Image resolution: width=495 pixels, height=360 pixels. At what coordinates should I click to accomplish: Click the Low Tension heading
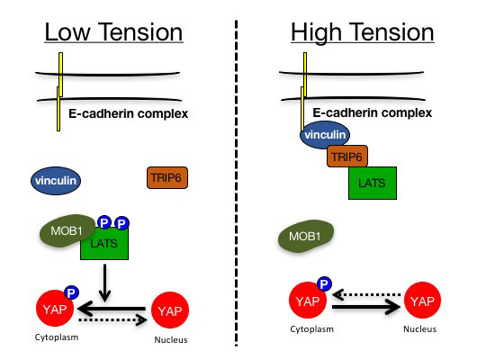(x=113, y=32)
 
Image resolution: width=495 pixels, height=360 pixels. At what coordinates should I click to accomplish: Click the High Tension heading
(x=363, y=33)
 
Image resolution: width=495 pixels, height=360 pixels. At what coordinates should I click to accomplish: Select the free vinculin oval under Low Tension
(x=56, y=181)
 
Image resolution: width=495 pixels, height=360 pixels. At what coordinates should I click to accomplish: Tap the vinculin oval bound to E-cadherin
(x=325, y=135)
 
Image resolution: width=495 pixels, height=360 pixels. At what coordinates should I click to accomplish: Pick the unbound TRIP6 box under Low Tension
(x=167, y=178)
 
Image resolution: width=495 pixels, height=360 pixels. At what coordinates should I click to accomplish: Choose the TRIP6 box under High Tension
(x=347, y=157)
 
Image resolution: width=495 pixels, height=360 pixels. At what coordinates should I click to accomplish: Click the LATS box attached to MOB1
(x=104, y=243)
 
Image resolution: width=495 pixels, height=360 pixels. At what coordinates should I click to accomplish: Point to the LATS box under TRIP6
(x=373, y=184)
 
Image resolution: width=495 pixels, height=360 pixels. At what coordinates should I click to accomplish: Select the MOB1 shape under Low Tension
(x=67, y=230)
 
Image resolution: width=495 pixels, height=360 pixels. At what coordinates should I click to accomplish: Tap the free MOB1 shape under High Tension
(x=306, y=236)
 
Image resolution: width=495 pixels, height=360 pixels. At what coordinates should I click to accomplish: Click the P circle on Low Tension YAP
(x=71, y=292)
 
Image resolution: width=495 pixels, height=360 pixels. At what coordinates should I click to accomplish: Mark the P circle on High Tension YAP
(x=324, y=283)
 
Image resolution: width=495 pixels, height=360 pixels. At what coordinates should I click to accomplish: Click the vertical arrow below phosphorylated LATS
(x=104, y=283)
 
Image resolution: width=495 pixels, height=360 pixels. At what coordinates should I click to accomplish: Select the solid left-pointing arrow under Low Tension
(x=112, y=309)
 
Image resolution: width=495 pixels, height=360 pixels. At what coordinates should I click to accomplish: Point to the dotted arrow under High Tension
(x=367, y=295)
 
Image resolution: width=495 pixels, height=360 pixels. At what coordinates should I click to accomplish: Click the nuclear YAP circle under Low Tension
(x=170, y=310)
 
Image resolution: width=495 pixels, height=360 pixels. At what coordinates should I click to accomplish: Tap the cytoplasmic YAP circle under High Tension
(x=308, y=300)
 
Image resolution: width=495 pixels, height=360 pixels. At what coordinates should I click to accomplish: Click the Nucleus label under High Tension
(x=420, y=329)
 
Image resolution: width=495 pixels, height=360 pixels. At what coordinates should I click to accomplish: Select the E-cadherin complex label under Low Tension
(x=128, y=113)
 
